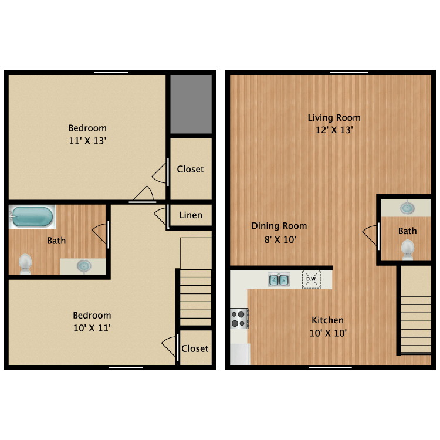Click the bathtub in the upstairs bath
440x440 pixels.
32,217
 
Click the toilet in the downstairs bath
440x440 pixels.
408,249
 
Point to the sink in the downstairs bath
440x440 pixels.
406,208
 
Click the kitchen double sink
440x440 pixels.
279,280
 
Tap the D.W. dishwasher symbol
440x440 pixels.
311,279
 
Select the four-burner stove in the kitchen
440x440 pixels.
239,319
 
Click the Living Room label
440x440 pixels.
334,117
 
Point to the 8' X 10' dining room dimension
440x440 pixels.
279,239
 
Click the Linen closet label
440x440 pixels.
191,215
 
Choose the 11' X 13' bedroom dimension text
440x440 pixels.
87,141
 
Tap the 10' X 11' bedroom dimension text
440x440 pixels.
92,328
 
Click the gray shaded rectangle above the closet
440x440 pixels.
191,104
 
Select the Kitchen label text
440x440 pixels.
327,320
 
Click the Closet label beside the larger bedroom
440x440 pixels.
191,169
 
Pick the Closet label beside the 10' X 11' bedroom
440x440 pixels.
195,348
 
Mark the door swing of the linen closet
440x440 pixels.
160,215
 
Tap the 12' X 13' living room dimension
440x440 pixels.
334,130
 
